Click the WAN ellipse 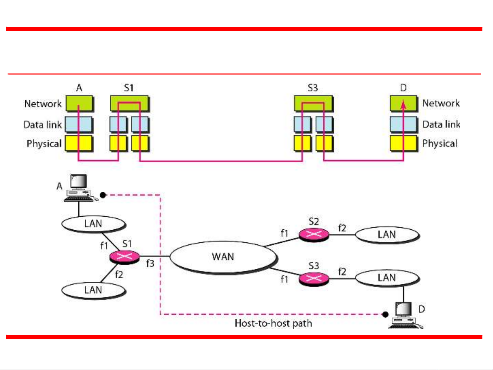pyautogui.click(x=223, y=257)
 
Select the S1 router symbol pyautogui.click(x=125, y=256)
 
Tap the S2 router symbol pyautogui.click(x=314, y=234)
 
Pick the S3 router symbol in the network pyautogui.click(x=314, y=278)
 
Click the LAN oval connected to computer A pyautogui.click(x=93, y=224)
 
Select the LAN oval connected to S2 pyautogui.click(x=387, y=235)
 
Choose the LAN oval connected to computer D pyautogui.click(x=387, y=278)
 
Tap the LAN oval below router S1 pyautogui.click(x=93, y=290)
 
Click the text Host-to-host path pyautogui.click(x=273, y=323)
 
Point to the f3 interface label pyautogui.click(x=150, y=264)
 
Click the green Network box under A pyautogui.click(x=79, y=103)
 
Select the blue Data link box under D pyautogui.click(x=403, y=124)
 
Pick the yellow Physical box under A pyautogui.click(x=79, y=143)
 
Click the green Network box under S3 pyautogui.click(x=313, y=103)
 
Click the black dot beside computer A pyautogui.click(x=103, y=195)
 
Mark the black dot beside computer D pyautogui.click(x=385, y=314)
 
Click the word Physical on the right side pyautogui.click(x=440, y=143)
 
